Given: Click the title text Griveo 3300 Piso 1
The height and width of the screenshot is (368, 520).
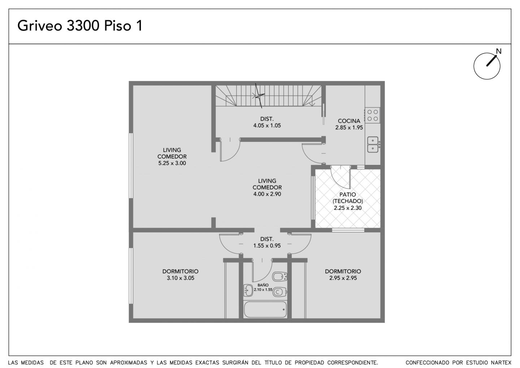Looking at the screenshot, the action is (80, 26).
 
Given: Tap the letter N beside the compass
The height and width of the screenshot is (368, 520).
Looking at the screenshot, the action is (499, 51).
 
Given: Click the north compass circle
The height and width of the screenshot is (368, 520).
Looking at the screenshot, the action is (487, 66).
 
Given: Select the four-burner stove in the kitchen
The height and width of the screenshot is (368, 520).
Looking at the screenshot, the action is (373, 115).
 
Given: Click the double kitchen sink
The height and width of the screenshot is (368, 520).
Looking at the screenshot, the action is (373, 144).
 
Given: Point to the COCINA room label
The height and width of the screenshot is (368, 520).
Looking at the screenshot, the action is (349, 121).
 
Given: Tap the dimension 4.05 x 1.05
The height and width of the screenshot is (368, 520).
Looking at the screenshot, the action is (267, 126).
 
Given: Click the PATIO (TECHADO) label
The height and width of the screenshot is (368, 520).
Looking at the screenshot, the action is (347, 198).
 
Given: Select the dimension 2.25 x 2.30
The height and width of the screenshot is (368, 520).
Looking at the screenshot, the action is (347, 208).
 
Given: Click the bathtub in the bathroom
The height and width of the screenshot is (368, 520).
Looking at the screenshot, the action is (265, 309).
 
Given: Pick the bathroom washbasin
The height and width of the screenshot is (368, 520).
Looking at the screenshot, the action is (248, 290).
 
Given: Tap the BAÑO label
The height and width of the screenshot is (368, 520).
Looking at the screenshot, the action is (263, 285).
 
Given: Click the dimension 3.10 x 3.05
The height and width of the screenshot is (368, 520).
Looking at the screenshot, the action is (181, 278).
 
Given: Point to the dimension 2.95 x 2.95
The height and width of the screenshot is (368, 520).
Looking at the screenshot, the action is (343, 278).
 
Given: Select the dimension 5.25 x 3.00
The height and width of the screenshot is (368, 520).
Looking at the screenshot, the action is (172, 163).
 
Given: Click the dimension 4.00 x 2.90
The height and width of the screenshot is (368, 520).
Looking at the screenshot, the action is (267, 194).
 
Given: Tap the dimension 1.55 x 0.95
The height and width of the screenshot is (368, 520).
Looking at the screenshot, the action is (267, 246).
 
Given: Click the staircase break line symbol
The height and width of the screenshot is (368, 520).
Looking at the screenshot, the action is (259, 96).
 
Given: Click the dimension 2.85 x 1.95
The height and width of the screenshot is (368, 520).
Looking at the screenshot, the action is (349, 127).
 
